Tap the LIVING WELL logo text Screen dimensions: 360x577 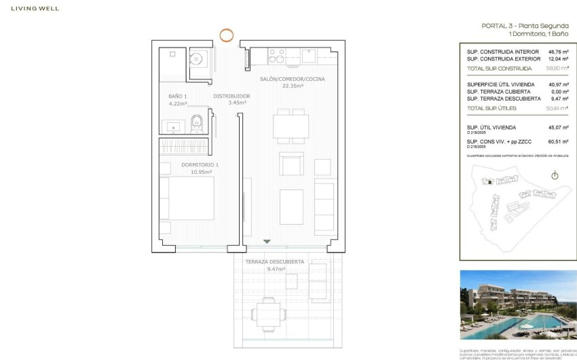coord(31,9)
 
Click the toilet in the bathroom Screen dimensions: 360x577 coord(197,123)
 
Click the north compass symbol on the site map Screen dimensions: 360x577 coord(555,176)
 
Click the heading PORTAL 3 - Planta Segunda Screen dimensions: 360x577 coord(525,26)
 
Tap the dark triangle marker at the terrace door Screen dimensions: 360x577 coord(267,241)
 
